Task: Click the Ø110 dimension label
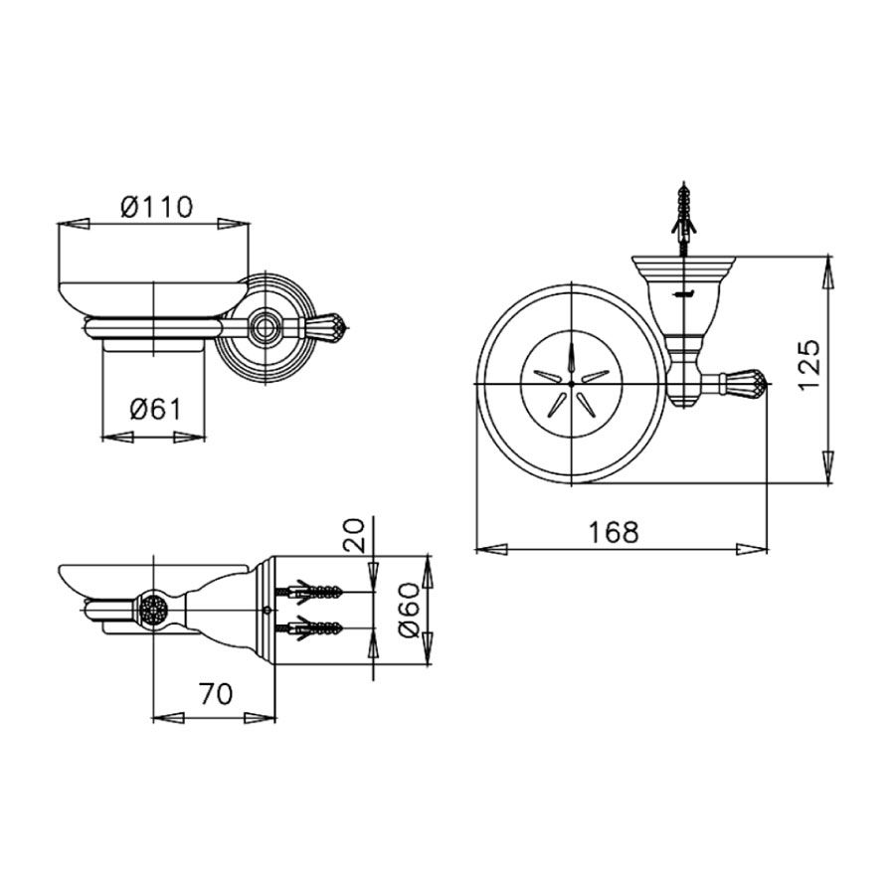[x=157, y=207]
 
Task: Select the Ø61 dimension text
[x=155, y=410]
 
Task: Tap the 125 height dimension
[x=809, y=365]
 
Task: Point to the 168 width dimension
[x=614, y=533]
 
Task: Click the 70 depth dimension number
[x=216, y=694]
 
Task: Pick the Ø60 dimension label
[x=410, y=611]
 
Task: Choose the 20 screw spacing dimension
[x=353, y=535]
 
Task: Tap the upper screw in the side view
[x=309, y=593]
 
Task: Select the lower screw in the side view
[x=309, y=628]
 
